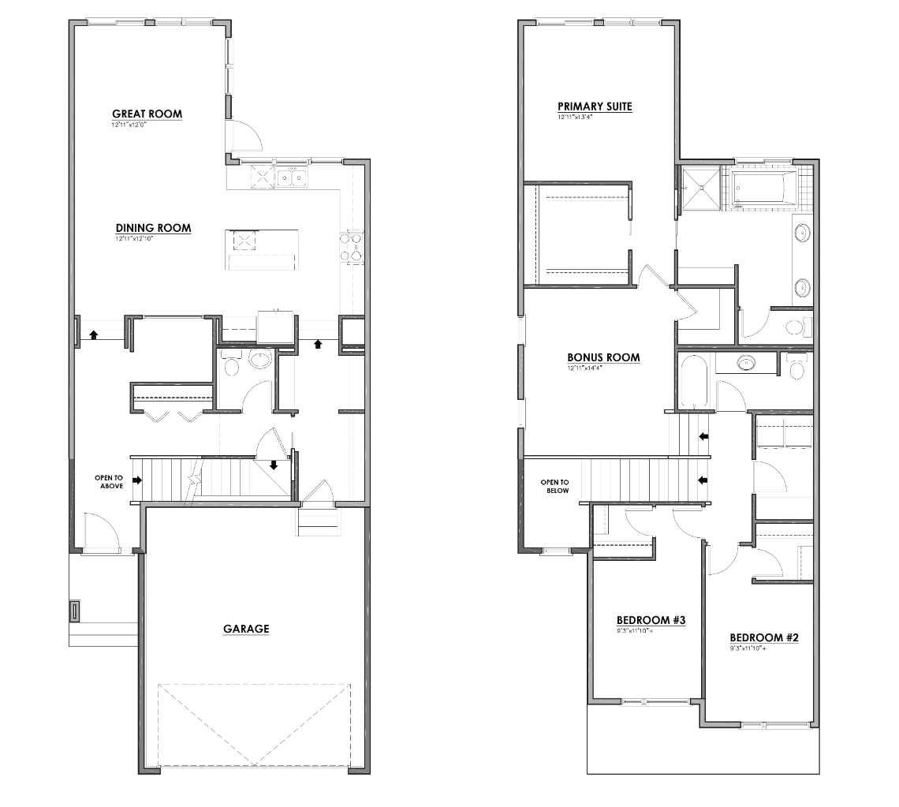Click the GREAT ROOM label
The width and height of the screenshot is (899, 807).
[147, 114]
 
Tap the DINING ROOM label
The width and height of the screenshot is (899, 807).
[153, 229]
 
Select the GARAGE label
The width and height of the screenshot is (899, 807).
[246, 629]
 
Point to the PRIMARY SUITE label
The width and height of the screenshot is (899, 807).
[595, 106]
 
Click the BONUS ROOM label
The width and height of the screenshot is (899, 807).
[603, 357]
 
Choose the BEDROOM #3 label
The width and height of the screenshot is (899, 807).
[651, 621]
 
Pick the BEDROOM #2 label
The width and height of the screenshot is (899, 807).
[764, 637]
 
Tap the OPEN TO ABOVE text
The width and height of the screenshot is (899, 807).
[109, 481]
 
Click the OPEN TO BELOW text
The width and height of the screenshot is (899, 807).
[554, 486]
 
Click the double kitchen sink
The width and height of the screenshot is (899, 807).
[292, 179]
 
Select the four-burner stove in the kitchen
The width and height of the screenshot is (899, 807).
[352, 246]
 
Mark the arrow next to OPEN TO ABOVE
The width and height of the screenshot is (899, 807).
[137, 480]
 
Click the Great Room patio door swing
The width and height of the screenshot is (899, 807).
[246, 136]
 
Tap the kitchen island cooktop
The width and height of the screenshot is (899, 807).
[243, 240]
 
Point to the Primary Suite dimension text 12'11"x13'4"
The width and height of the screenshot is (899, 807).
[575, 118]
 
